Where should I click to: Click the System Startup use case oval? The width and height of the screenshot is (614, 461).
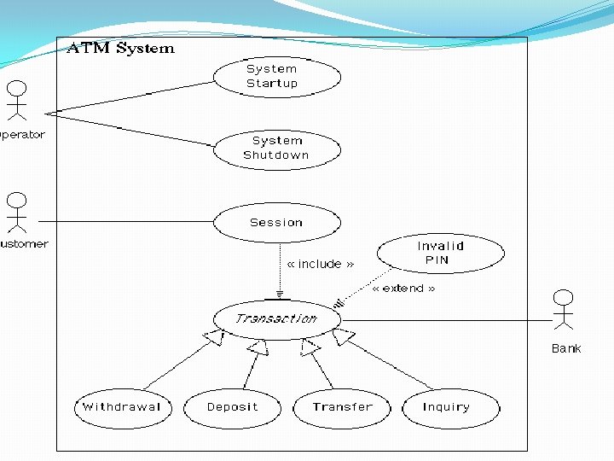tap(276, 77)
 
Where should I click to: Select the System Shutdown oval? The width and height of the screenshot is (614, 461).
tap(276, 149)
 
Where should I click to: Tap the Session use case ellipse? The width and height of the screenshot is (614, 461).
tap(276, 223)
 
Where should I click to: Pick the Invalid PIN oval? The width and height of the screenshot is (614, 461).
tap(440, 254)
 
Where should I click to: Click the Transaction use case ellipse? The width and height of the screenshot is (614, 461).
tap(276, 319)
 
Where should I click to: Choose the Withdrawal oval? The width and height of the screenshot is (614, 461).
tap(122, 407)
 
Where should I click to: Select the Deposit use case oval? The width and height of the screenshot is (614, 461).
tap(232, 407)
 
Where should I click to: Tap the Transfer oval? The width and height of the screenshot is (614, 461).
tap(341, 407)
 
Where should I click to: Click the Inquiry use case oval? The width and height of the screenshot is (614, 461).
tap(449, 407)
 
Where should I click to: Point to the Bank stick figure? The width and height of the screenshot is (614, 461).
tap(563, 310)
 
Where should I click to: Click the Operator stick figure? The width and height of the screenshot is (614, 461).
tap(15, 100)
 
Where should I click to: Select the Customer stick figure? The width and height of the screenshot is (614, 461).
tap(16, 212)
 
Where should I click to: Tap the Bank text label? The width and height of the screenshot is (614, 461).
tap(565, 348)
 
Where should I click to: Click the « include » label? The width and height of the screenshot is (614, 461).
tap(321, 265)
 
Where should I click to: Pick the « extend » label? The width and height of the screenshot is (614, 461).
tap(403, 289)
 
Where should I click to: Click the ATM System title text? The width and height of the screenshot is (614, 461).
tap(120, 49)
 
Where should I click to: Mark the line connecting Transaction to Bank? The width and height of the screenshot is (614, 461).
tap(443, 321)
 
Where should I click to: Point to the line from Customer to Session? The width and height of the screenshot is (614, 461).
tap(128, 222)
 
